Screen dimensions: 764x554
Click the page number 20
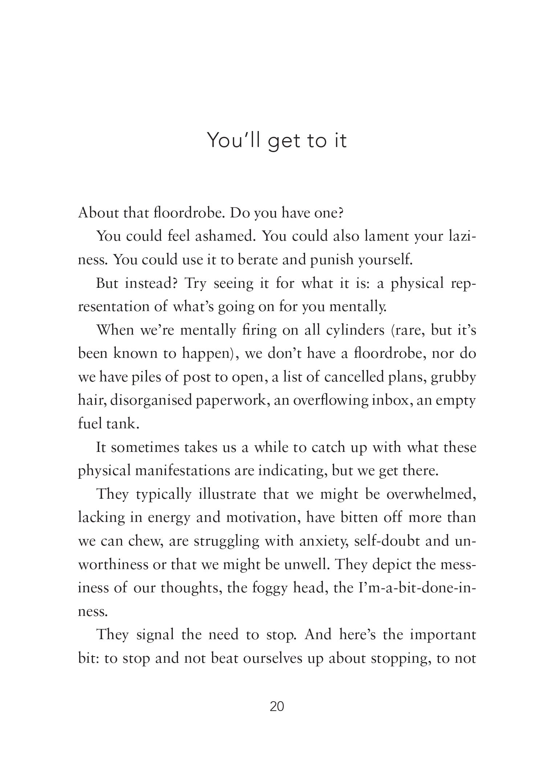click(277, 707)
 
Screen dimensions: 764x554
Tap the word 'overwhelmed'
click(431, 494)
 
